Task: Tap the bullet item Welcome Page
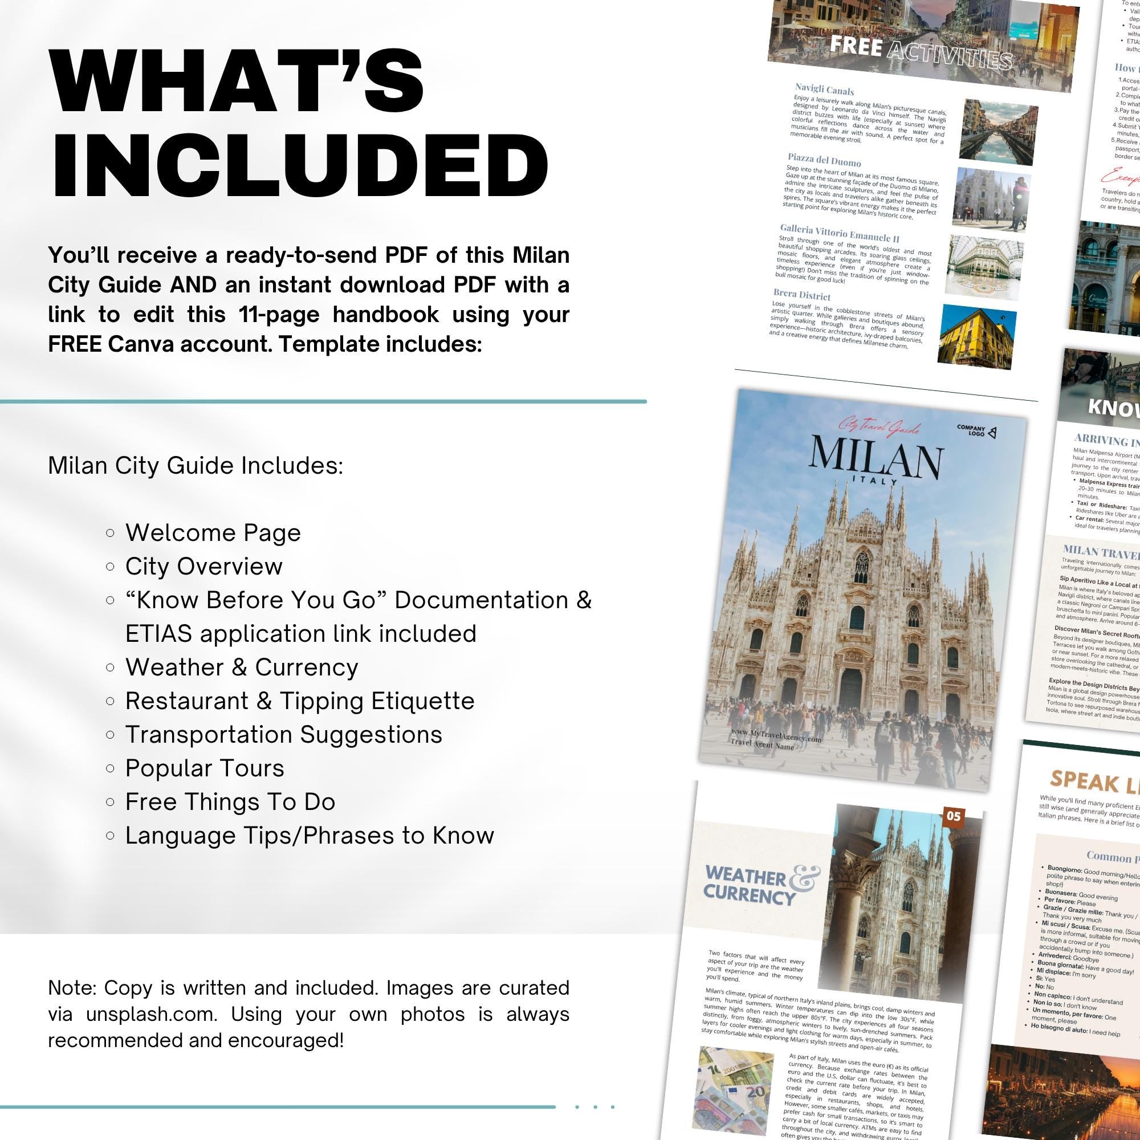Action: tap(213, 533)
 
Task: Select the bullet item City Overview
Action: tap(203, 567)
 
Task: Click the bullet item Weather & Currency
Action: tap(241, 667)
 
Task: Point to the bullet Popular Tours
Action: tap(204, 768)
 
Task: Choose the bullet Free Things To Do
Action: tap(230, 802)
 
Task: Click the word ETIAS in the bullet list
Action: tap(158, 634)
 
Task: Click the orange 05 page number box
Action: tap(954, 816)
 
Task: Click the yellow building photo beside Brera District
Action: tap(976, 336)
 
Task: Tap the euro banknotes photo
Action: tap(735, 1089)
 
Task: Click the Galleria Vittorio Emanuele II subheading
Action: tap(839, 233)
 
